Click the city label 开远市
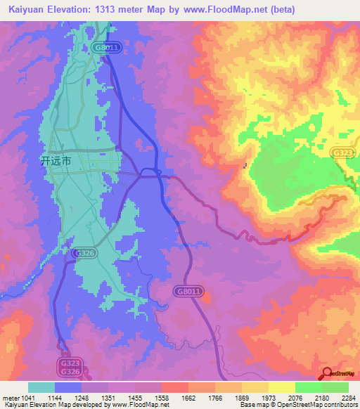click(x=56, y=161)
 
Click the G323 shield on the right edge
click(x=344, y=152)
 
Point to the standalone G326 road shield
click(x=84, y=252)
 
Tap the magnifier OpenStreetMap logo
click(x=328, y=375)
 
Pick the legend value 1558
click(x=161, y=398)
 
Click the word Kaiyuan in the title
click(x=27, y=10)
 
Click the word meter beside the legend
click(x=11, y=398)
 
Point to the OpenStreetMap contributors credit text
click(x=321, y=405)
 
